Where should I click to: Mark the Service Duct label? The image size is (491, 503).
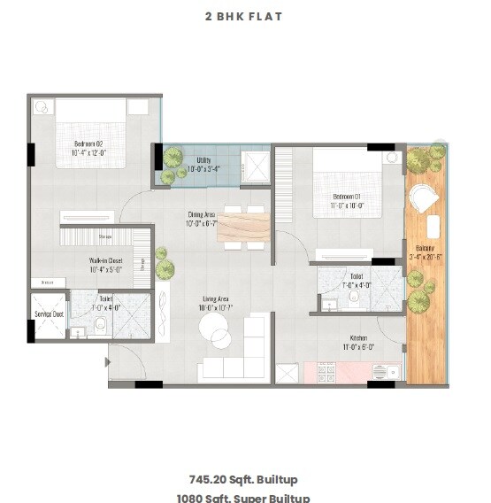(x=49, y=314)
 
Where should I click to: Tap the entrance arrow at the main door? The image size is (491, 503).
(x=108, y=362)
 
